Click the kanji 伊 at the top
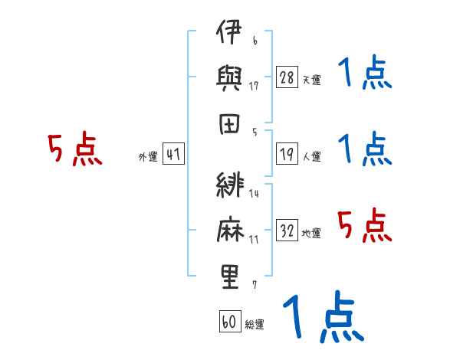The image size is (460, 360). click(x=228, y=31)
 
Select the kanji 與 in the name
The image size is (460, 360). click(x=229, y=78)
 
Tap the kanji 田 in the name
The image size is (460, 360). click(x=229, y=124)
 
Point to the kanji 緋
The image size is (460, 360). click(x=230, y=185)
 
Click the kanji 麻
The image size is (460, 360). click(x=230, y=229)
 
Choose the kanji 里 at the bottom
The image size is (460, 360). click(x=230, y=277)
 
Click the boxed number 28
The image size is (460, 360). click(x=287, y=77)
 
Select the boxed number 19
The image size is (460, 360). click(x=287, y=154)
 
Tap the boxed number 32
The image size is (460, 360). click(x=287, y=230)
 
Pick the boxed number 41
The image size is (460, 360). click(x=173, y=154)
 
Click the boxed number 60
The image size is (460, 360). click(x=230, y=321)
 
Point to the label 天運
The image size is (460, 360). click(x=311, y=80)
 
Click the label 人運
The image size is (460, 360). click(x=311, y=156)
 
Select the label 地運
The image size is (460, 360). click(x=311, y=234)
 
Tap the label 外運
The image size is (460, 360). click(x=148, y=156)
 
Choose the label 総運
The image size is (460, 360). click(x=255, y=324)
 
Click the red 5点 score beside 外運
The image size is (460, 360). click(x=75, y=149)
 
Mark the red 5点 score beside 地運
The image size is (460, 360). click(x=365, y=225)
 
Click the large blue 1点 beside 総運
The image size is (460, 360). click(x=324, y=316)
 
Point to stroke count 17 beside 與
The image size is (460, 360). click(x=254, y=86)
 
